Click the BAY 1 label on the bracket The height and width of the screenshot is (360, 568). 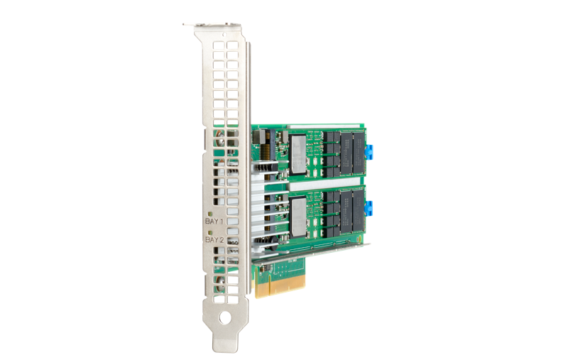click(214, 221)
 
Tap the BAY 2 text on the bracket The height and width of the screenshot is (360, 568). click(214, 240)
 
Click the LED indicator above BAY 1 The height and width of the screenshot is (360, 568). click(210, 213)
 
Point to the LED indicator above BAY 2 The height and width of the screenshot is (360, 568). click(210, 232)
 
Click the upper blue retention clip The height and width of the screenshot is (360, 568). click(369, 152)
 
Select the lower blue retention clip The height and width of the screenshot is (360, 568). click(369, 209)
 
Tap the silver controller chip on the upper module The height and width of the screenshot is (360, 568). click(298, 155)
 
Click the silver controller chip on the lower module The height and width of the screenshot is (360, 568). click(298, 217)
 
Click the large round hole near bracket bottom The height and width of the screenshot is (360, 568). click(224, 318)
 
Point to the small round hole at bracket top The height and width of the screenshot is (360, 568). click(224, 35)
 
